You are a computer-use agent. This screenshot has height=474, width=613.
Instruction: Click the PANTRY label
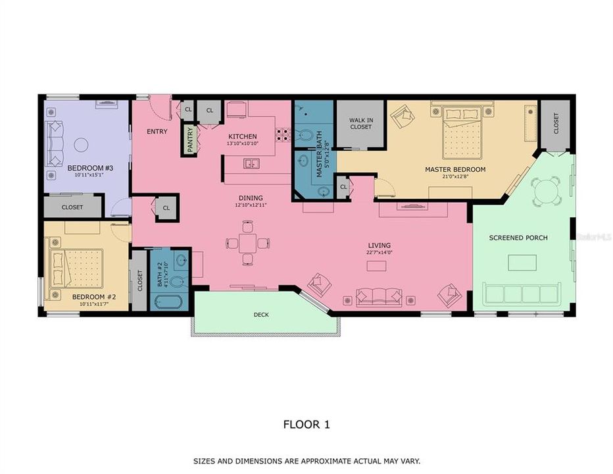click(191, 139)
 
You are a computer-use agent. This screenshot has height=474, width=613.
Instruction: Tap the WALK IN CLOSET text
click(360, 123)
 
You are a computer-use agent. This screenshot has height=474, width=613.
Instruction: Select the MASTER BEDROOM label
click(455, 170)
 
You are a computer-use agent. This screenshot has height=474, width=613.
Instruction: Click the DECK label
click(261, 315)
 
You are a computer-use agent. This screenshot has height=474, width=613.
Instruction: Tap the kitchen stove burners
click(283, 135)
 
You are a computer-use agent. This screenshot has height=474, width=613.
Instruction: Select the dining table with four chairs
click(248, 243)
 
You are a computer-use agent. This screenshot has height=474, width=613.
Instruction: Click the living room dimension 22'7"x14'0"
click(380, 253)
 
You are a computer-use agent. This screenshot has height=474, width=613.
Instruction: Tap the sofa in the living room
click(378, 298)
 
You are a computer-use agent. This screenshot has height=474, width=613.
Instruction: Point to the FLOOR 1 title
click(306, 425)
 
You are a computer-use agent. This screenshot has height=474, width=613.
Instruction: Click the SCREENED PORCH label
click(518, 238)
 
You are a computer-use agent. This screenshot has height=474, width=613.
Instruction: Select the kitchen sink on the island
click(250, 163)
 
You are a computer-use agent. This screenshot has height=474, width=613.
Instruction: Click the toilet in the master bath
click(304, 136)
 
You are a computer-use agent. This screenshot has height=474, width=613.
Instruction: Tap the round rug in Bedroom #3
click(82, 144)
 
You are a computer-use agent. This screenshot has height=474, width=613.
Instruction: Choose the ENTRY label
click(157, 132)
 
